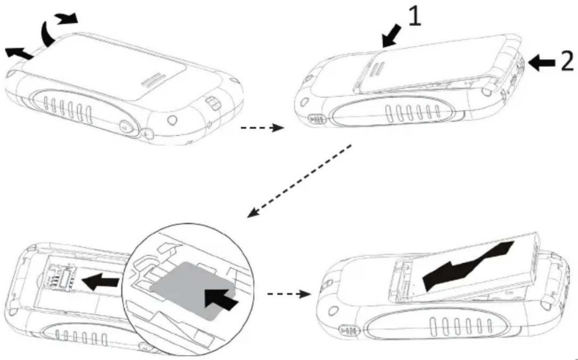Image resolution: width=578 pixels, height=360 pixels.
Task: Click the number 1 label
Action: point(414,17)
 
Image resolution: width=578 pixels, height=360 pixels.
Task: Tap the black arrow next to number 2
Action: point(542,63)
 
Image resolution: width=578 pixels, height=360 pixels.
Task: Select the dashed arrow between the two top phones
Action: point(262,128)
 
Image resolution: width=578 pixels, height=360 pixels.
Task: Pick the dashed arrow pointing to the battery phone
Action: point(288,294)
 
